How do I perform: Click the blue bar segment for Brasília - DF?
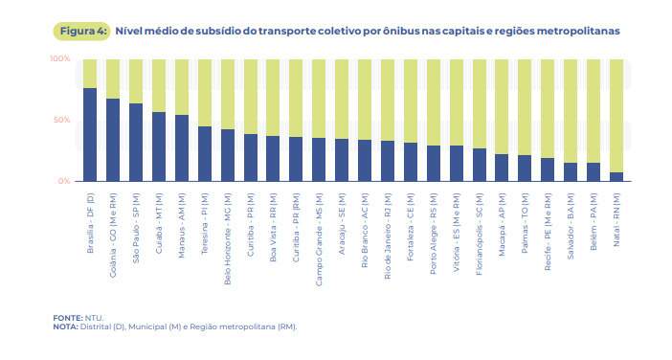(90, 135)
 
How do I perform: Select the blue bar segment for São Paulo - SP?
(136, 143)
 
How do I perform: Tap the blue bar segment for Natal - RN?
(616, 177)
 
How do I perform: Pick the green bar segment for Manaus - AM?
(182, 87)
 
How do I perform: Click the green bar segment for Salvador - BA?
(571, 111)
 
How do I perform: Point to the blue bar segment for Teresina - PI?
(205, 154)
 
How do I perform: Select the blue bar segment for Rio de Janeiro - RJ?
(388, 161)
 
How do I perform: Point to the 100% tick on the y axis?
(60, 58)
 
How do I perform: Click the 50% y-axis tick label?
(61, 120)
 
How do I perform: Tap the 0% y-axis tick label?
(64, 181)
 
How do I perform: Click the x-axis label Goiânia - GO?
(113, 236)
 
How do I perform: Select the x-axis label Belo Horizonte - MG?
(228, 239)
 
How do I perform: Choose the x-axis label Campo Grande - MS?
(319, 239)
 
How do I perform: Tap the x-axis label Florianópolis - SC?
(480, 234)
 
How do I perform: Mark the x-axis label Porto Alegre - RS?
(434, 234)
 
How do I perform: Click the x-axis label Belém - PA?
(594, 221)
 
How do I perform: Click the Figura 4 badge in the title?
(81, 32)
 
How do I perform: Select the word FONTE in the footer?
(68, 318)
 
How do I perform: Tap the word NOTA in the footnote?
(65, 326)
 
